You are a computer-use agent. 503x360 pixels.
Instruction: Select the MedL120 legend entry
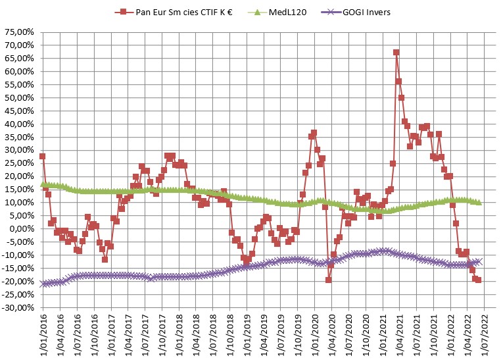[x=279, y=11]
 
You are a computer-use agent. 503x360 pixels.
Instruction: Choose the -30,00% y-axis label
[x=19, y=307]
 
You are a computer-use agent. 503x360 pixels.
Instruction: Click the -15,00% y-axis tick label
[x=19, y=268]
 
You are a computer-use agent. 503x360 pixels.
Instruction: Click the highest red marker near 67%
[x=396, y=53]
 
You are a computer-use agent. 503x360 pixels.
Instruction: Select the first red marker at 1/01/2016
[x=43, y=157]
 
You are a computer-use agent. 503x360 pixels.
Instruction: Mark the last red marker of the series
[x=478, y=280]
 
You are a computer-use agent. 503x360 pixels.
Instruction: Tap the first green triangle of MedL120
[x=43, y=184]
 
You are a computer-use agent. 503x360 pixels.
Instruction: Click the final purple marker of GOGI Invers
[x=479, y=261]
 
